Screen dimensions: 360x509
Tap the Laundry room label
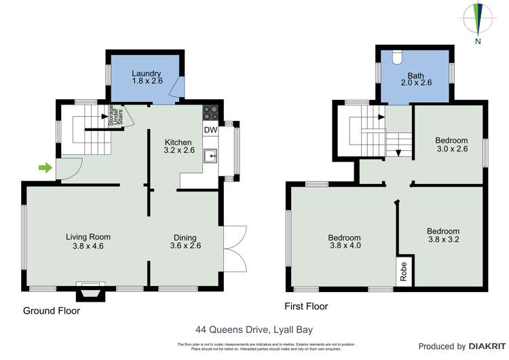(146, 77)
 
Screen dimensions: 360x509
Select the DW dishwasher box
(210, 130)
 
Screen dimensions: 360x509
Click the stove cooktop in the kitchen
(210, 113)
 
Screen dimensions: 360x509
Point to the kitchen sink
(211, 158)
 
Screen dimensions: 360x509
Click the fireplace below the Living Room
(90, 291)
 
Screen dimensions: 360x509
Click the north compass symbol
(478, 20)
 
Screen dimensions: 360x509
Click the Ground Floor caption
(52, 311)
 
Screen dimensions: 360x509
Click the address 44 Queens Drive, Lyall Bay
(254, 329)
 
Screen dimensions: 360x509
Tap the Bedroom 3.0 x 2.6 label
(451, 144)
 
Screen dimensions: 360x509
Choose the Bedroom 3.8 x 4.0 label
(344, 242)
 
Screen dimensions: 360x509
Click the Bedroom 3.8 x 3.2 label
(443, 235)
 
